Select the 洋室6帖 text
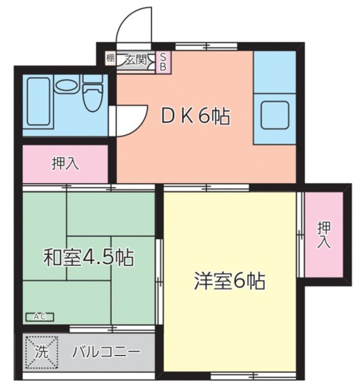pyautogui.click(x=230, y=281)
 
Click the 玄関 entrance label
pyautogui.click(x=136, y=59)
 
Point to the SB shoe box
pyautogui.click(x=162, y=62)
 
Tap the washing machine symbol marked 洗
pyautogui.click(x=40, y=351)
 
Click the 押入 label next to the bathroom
pyautogui.click(x=63, y=163)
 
